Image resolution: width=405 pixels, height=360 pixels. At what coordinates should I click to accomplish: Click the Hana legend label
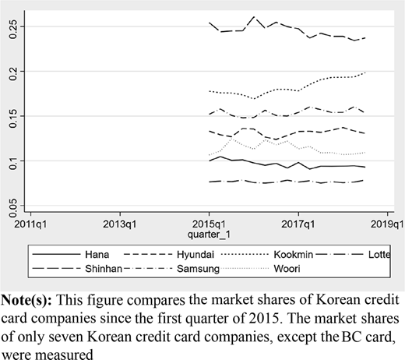[97, 255]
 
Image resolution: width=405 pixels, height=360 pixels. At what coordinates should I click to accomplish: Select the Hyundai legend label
[195, 255]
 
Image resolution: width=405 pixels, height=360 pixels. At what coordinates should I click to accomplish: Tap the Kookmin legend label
[294, 255]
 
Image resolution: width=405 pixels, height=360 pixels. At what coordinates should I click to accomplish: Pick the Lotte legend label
[379, 255]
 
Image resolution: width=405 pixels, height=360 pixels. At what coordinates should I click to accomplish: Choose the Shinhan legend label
[104, 269]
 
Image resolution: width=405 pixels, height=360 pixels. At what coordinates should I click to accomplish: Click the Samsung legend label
[198, 269]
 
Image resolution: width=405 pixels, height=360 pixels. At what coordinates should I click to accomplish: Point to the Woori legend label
[287, 269]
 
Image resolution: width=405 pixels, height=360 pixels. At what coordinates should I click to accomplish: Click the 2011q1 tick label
[30, 224]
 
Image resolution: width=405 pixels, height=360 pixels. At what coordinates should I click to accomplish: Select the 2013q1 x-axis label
[120, 224]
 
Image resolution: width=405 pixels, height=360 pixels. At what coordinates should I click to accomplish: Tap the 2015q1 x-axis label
[209, 224]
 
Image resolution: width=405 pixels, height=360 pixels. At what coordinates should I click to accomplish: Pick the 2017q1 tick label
[298, 224]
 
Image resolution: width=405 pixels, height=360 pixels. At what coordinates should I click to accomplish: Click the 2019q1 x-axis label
[387, 224]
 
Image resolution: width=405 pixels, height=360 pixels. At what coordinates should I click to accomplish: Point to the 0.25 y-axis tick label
[12, 26]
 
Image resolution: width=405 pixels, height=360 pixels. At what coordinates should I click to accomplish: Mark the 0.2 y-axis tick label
[12, 71]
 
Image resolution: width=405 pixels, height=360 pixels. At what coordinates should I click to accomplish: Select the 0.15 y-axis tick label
[12, 116]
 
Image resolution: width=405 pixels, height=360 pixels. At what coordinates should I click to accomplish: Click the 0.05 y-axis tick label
[12, 206]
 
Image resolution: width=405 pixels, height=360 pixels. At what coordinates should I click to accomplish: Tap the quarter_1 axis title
[209, 235]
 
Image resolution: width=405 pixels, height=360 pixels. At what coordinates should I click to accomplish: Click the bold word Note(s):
[26, 300]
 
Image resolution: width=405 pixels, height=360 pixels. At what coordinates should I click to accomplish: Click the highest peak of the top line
[254, 17]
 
